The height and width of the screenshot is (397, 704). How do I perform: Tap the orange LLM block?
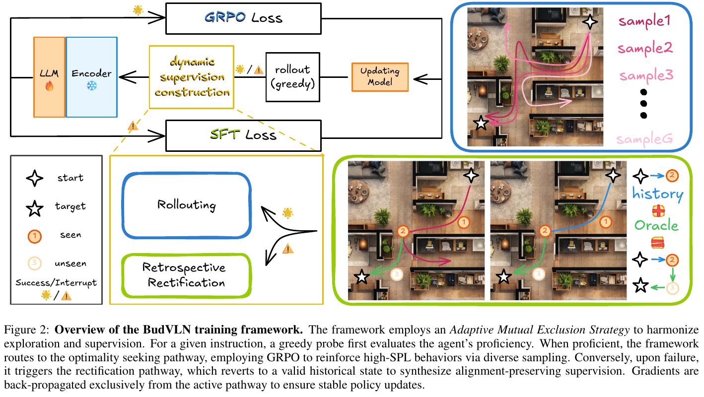(49, 76)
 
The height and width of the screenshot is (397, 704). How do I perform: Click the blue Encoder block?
(91, 76)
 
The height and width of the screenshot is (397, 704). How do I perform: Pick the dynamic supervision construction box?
(191, 77)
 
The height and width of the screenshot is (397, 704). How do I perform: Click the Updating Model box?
(379, 77)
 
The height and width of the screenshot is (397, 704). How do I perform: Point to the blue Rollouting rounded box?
(186, 205)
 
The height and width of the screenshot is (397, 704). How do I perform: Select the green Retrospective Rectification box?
(184, 275)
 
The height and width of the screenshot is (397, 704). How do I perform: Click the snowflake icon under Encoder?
(92, 86)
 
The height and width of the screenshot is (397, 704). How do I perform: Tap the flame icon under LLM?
(49, 86)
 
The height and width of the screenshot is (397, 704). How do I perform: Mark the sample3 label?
(645, 75)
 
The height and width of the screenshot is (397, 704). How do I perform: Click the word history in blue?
(657, 194)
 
